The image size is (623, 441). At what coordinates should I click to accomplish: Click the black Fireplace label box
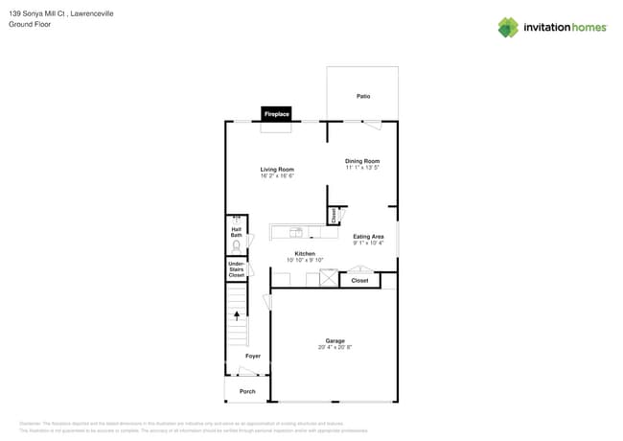click(x=276, y=114)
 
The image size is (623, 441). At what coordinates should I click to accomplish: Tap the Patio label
click(x=363, y=96)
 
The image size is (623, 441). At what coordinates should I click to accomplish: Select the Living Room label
click(x=276, y=170)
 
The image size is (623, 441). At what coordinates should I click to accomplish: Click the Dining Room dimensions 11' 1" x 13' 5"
click(x=362, y=168)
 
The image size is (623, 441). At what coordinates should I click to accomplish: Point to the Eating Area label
click(x=368, y=236)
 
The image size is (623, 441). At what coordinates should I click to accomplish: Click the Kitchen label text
click(x=305, y=253)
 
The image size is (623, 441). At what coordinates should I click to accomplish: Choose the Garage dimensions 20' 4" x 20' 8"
click(x=335, y=347)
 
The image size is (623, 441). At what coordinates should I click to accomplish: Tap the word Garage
click(x=335, y=340)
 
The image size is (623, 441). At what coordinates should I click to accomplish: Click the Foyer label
click(x=253, y=356)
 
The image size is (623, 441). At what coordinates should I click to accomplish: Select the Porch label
click(x=247, y=391)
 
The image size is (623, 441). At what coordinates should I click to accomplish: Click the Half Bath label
click(x=236, y=232)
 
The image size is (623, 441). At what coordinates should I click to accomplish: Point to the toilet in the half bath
click(x=236, y=246)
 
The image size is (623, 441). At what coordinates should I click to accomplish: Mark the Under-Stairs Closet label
click(x=236, y=269)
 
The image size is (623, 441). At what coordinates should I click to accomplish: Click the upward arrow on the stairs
click(x=237, y=314)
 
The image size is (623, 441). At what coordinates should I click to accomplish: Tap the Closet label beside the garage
click(x=359, y=280)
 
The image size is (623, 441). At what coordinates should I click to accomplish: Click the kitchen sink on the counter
click(x=296, y=231)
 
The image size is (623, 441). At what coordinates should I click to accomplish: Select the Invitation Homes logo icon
click(x=508, y=27)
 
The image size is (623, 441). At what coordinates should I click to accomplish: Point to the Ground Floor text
click(x=30, y=24)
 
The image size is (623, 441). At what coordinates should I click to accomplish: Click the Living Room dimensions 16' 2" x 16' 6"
click(x=276, y=176)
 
